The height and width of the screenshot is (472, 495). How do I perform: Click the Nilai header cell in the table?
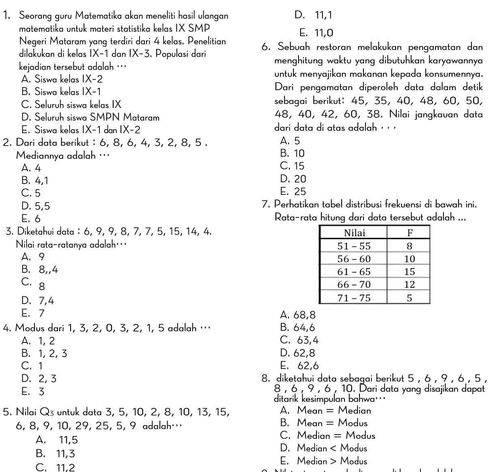click(354, 233)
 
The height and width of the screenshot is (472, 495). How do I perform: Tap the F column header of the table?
click(409, 233)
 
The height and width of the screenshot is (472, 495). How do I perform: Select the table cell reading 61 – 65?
click(354, 272)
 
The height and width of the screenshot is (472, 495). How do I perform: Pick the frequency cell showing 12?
click(409, 284)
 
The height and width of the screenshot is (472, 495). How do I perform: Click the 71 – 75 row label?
click(354, 298)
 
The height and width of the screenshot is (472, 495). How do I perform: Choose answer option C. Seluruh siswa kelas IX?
click(71, 104)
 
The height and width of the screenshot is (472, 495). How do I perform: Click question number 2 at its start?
click(6, 143)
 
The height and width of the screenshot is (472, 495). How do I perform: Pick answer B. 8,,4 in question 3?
click(40, 269)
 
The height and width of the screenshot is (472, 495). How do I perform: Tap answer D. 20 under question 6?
click(293, 179)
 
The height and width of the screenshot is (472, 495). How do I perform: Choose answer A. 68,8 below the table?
click(298, 315)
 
